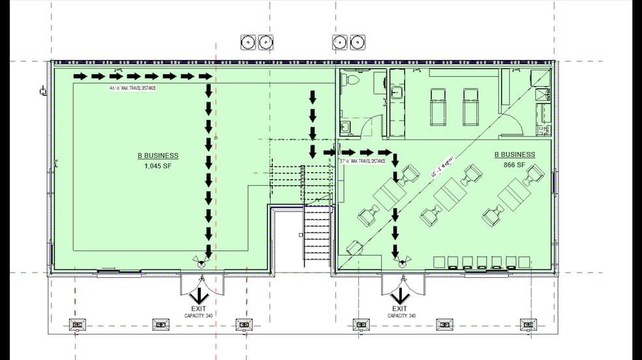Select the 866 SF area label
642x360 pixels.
tap(515, 165)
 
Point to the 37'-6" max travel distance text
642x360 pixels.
tap(363, 160)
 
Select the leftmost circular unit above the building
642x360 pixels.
tap(249, 42)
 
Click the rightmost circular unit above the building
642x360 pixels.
tap(356, 42)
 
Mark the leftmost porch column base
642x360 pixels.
tap(78, 324)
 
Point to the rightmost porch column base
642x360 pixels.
tap(528, 324)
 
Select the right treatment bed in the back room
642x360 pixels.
tap(471, 106)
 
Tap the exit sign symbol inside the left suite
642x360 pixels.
tap(201, 261)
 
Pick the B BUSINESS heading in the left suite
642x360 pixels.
tap(157, 156)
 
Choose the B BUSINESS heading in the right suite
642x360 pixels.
tap(515, 155)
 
